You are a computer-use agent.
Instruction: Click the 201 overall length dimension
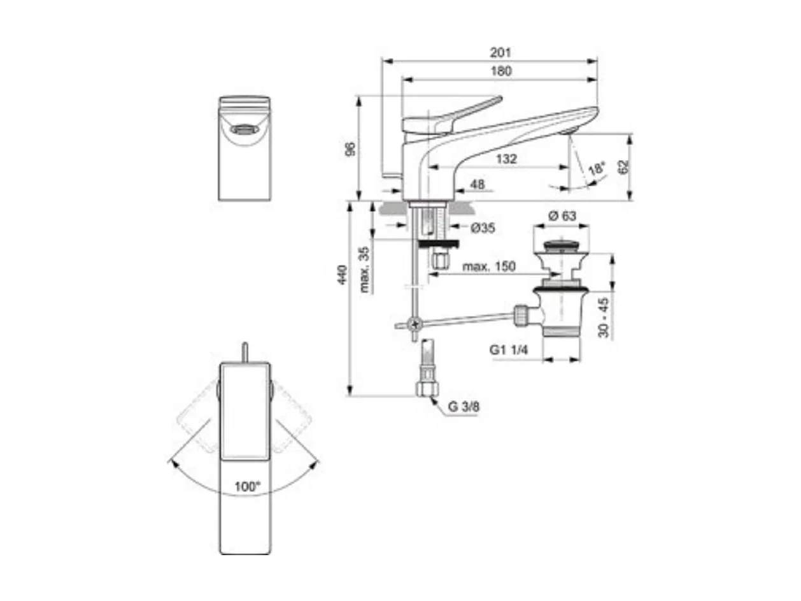(x=501, y=52)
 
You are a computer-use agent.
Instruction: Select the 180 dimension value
(x=501, y=71)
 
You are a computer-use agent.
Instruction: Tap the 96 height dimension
(x=350, y=148)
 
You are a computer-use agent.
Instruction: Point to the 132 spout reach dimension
(x=506, y=159)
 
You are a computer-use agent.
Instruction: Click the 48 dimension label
(x=477, y=184)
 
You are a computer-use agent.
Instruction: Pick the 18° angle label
(x=597, y=170)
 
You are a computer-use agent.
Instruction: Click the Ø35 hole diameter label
(x=483, y=228)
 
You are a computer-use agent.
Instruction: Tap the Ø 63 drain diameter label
(x=561, y=216)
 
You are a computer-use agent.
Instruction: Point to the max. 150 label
(x=489, y=266)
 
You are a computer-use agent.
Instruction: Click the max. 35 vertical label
(x=364, y=270)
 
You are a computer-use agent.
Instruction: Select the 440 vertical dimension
(x=343, y=274)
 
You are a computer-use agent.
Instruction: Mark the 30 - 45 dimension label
(x=604, y=317)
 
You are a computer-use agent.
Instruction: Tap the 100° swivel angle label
(x=246, y=486)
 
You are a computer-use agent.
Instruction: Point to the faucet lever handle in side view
(x=458, y=115)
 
